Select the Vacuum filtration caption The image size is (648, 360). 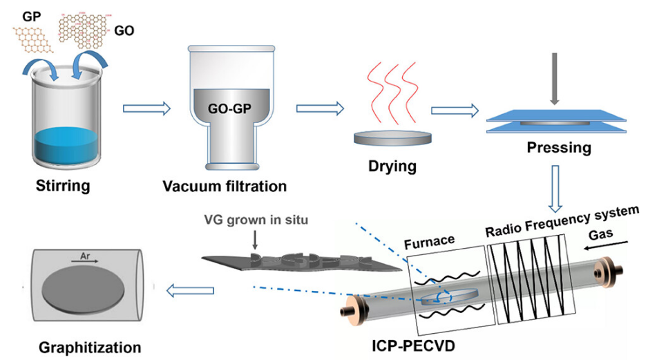(x=225, y=187)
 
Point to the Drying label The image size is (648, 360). (x=393, y=166)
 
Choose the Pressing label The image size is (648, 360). (x=558, y=146)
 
